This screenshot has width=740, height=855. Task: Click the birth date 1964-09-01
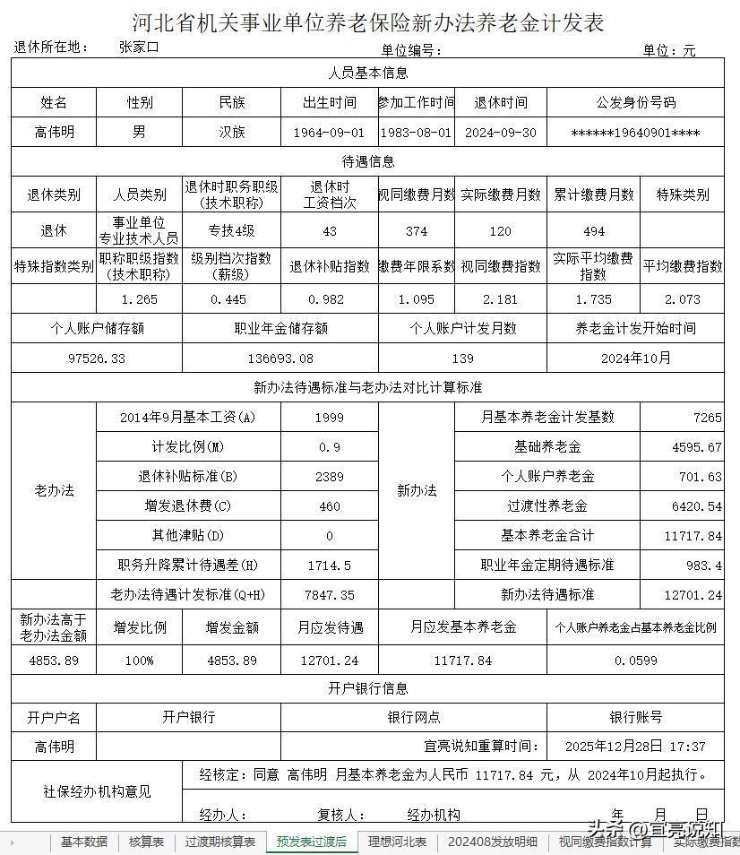329,133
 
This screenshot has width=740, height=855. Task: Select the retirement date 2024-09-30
500,133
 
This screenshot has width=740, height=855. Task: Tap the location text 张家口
139,47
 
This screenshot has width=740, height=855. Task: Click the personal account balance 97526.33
97,358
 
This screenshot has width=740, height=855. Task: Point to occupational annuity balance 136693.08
280,358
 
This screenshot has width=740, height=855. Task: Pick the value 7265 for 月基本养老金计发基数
706,418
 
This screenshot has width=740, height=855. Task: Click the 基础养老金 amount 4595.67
696,447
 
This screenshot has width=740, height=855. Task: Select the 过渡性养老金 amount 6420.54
696,506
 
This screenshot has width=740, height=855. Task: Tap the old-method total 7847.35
329,594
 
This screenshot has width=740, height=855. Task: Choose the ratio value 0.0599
635,661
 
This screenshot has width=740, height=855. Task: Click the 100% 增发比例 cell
139,661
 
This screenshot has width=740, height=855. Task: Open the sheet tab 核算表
146,842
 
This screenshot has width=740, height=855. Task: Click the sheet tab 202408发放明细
493,842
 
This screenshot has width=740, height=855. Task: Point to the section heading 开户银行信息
367,688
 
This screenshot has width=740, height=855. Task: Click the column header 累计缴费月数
592,194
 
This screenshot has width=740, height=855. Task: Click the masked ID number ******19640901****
635,133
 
